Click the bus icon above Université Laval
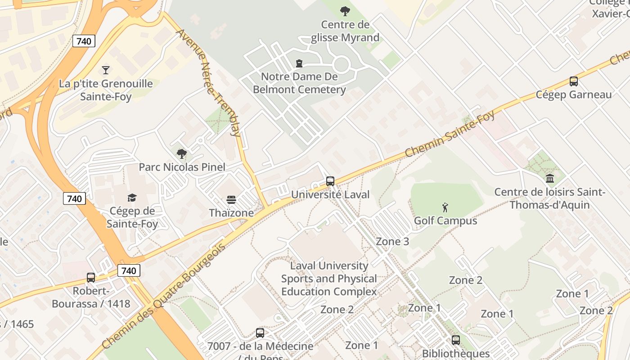(330, 181)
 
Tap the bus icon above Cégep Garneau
(573, 81)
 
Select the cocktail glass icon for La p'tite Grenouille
(106, 70)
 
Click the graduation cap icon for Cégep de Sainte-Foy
(132, 198)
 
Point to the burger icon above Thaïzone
(231, 200)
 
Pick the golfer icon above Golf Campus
(445, 207)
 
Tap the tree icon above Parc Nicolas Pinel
(182, 154)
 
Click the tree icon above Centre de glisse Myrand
(345, 11)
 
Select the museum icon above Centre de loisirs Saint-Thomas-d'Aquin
(549, 179)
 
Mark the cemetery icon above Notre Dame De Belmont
(299, 63)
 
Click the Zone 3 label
(392, 242)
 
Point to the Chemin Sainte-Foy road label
(450, 134)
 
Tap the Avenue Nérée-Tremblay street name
(208, 83)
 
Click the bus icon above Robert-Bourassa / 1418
(91, 277)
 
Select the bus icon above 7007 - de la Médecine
(260, 333)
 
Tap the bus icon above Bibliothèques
(456, 340)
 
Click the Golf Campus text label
(445, 221)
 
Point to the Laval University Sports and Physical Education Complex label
(329, 279)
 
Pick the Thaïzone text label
(231, 213)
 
